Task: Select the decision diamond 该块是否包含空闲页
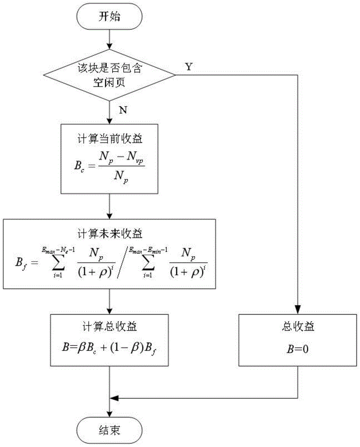[x=109, y=75]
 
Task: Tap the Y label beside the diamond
[x=189, y=67]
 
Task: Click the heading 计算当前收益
[x=109, y=139]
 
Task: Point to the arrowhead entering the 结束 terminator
[x=109, y=414]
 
